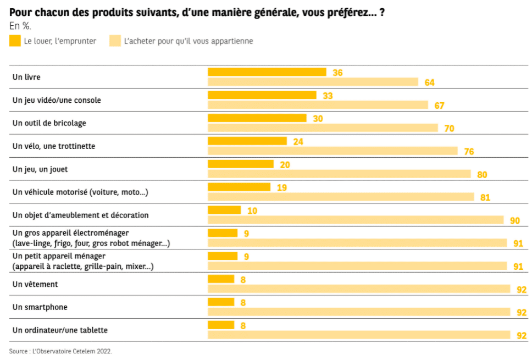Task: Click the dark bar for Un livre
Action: pos(267,72)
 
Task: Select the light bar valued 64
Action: pos(313,82)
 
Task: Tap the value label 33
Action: pos(328,96)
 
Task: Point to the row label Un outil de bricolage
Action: pos(49,123)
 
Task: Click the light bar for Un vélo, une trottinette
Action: pos(332,151)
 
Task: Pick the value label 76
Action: pos(468,152)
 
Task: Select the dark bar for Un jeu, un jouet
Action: pos(240,164)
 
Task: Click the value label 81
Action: pos(485,198)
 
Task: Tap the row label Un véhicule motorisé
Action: pos(80,192)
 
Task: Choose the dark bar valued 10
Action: pos(224,210)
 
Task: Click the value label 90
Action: pos(514,221)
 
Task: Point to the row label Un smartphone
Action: pos(40,307)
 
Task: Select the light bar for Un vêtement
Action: pos(358,289)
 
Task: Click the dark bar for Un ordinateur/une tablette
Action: pos(220,325)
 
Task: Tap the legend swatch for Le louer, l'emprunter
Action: pos(15,41)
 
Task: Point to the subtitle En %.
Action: pos(20,26)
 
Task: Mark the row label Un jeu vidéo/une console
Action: pos(57,100)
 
